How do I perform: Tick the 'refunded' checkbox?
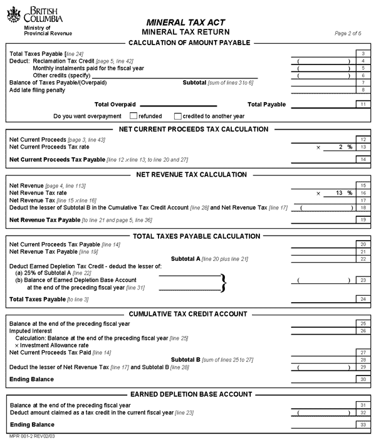[133, 116]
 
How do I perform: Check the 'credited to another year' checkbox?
[178, 116]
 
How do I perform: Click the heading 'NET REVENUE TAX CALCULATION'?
[191, 175]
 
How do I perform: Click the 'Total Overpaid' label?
[115, 105]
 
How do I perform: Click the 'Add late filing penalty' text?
[37, 90]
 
